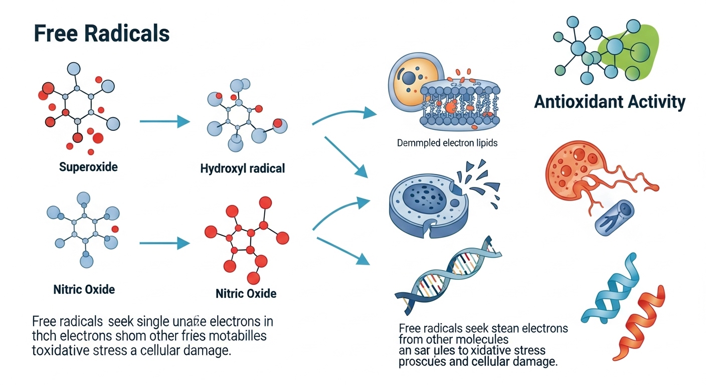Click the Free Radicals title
101,33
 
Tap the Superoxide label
88,166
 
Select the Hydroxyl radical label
242,168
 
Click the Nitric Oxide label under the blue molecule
84,289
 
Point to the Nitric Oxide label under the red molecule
246,293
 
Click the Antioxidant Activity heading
609,102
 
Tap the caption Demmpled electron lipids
447,143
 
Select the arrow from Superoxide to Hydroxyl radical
164,121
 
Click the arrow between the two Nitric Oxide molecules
164,244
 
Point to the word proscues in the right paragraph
420,362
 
